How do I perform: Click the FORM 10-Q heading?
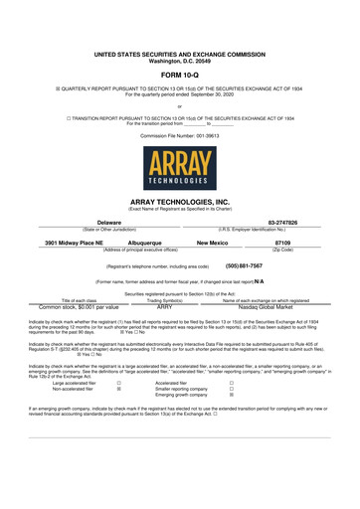tap(179, 75)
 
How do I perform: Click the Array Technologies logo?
tap(179, 167)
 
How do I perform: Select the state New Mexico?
tap(213, 242)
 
